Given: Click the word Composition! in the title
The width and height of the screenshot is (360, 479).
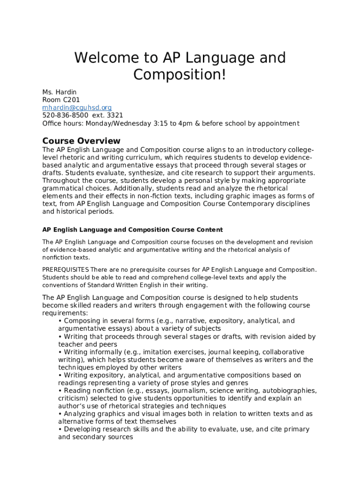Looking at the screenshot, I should click(180, 74).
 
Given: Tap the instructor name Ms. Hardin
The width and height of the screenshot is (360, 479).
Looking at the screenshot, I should click(59, 92).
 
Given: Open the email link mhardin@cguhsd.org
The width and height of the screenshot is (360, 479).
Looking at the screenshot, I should click(77, 108).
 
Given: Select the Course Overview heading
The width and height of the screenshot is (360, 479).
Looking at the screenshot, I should click(81, 141).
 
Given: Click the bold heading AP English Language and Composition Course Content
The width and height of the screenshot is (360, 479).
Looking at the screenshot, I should click(133, 230).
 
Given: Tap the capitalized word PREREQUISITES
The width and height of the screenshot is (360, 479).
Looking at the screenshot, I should click(65, 270).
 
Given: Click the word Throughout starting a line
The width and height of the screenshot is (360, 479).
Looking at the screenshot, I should click(61, 181).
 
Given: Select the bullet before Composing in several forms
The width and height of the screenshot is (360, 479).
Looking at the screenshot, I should click(60, 321).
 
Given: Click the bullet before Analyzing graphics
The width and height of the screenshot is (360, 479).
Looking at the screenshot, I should click(60, 414).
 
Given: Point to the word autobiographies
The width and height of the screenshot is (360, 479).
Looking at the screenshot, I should click(290, 391).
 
